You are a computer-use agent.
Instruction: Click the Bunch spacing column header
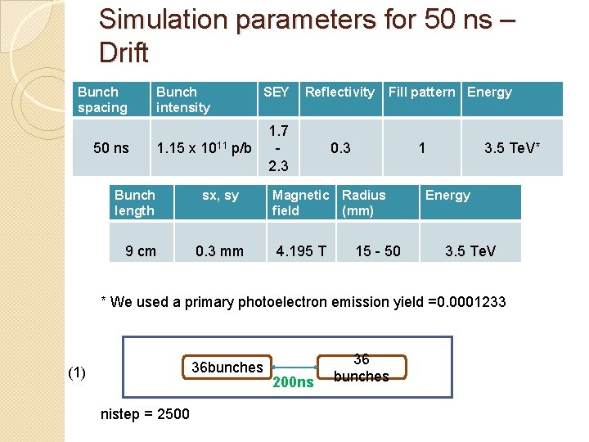pyautogui.click(x=103, y=100)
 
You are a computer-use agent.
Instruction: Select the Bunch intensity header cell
pyautogui.click(x=183, y=100)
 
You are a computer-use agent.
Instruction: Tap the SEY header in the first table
pyautogui.click(x=276, y=92)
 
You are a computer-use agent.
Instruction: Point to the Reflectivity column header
pyautogui.click(x=339, y=92)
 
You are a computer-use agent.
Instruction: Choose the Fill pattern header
pyautogui.click(x=421, y=92)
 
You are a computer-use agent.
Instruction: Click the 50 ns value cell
pyautogui.click(x=111, y=148)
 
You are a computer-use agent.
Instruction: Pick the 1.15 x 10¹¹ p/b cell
pyautogui.click(x=204, y=148)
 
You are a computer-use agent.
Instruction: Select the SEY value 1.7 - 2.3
pyautogui.click(x=278, y=148)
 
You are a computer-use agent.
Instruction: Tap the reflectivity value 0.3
pyautogui.click(x=340, y=148)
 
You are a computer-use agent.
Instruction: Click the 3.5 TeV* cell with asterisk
pyautogui.click(x=512, y=148)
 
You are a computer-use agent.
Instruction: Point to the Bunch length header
pyautogui.click(x=135, y=203)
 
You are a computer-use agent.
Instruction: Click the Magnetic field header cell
pyautogui.click(x=300, y=203)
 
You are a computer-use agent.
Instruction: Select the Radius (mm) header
pyautogui.click(x=364, y=203)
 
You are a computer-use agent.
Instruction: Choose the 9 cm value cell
pyautogui.click(x=141, y=251)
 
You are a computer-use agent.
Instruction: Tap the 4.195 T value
pyautogui.click(x=300, y=251)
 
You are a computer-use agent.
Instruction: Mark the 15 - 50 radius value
pyautogui.click(x=378, y=251)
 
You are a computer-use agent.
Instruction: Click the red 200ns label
pyautogui.click(x=293, y=382)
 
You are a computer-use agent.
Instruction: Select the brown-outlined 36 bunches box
pyautogui.click(x=362, y=368)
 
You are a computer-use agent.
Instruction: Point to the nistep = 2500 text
pyautogui.click(x=144, y=414)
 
